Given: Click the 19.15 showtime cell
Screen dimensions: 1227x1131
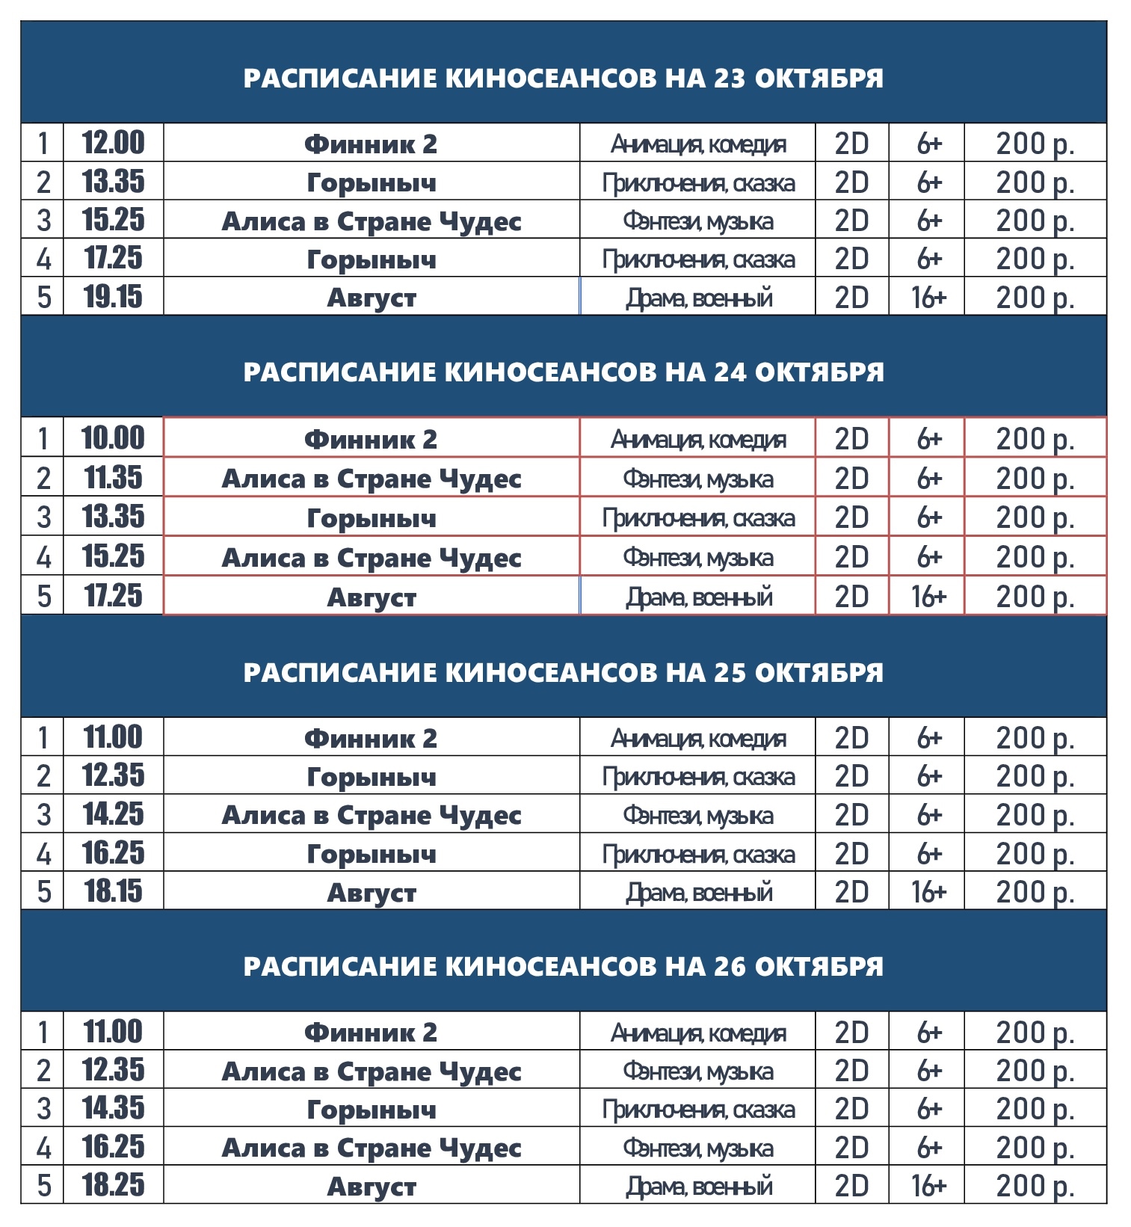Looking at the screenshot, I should tap(113, 297).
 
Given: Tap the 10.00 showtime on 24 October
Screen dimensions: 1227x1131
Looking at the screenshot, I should tap(113, 438).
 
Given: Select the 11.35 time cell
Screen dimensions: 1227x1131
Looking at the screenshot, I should tap(113, 478).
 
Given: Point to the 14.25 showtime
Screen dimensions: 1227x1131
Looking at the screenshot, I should tap(113, 814).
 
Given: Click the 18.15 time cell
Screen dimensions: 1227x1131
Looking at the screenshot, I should tap(113, 891).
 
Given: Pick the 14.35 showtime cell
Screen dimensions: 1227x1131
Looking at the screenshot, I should tap(113, 1108).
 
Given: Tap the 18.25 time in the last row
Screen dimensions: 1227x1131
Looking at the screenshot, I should tap(113, 1185).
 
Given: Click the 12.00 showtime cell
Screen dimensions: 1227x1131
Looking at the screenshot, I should tap(113, 143).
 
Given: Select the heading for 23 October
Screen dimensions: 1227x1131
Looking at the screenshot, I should tap(563, 78).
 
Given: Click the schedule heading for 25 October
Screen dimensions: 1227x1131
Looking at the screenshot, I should tap(563, 672).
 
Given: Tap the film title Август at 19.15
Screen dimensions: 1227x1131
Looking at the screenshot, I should tap(372, 298).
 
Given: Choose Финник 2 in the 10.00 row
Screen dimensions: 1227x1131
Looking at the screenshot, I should tap(371, 439).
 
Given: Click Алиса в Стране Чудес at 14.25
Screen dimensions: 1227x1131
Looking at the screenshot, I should tap(372, 815).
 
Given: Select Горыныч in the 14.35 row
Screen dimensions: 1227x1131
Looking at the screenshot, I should tap(372, 1110).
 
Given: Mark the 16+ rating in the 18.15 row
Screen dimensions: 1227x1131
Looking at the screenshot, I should tap(928, 892).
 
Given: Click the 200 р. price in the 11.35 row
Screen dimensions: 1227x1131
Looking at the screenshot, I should tap(1035, 479).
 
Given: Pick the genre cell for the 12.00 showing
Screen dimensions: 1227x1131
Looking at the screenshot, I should tap(697, 144).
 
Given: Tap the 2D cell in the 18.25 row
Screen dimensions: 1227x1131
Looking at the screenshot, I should tap(851, 1186).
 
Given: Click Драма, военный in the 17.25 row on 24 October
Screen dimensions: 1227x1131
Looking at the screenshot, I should tap(698, 597).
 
